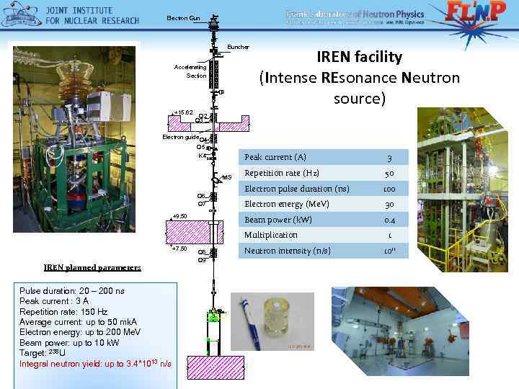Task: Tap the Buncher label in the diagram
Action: (238, 48)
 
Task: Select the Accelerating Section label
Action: (191, 71)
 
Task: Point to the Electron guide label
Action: (180, 136)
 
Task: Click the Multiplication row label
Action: (271, 236)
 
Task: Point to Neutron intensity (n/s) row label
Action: (288, 251)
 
